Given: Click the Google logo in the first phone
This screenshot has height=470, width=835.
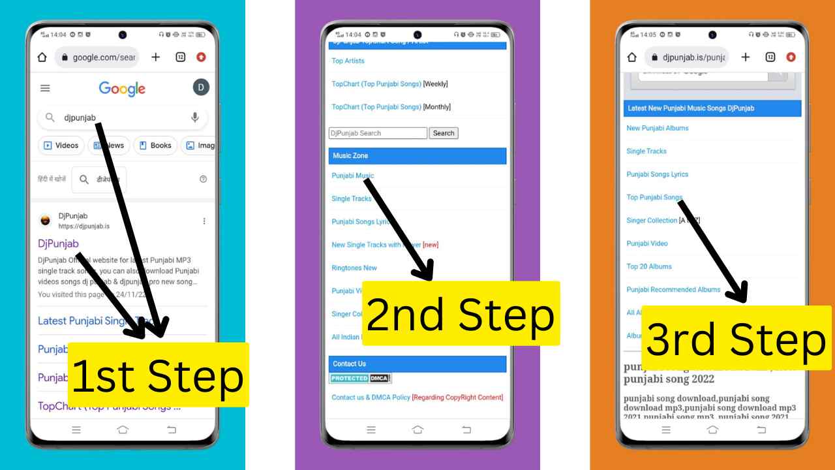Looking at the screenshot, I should tap(122, 89).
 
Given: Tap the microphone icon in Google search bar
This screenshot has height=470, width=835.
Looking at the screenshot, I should tap(194, 118).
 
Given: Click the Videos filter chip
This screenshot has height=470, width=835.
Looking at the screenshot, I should tap(61, 146).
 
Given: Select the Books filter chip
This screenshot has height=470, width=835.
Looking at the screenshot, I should tap(155, 146).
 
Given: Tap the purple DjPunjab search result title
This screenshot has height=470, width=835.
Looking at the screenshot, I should tap(58, 243).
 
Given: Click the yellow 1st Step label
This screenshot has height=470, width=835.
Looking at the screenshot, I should tap(158, 375).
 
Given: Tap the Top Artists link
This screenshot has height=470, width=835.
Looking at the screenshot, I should tap(348, 61).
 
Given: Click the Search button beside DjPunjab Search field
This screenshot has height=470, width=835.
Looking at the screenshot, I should tap(443, 133).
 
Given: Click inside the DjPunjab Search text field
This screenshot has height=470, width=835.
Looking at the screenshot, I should tap(377, 133).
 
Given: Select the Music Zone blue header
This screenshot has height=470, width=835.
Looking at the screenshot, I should tap(417, 156).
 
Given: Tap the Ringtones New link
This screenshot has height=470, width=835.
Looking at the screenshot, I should tap(354, 268).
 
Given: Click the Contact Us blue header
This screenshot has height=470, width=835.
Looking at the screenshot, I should tap(417, 364).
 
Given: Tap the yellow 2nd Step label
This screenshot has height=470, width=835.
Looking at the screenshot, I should tap(461, 315).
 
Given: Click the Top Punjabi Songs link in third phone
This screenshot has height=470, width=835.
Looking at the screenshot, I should tap(654, 197).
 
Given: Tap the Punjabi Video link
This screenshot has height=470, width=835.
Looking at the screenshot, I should tap(646, 243).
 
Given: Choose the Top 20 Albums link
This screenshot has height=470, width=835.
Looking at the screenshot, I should tap(648, 266).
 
